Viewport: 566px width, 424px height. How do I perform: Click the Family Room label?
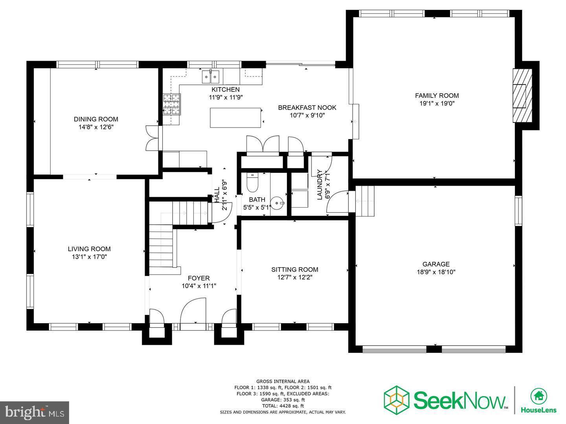(x=437, y=95)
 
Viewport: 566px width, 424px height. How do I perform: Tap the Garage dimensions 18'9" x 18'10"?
(x=436, y=272)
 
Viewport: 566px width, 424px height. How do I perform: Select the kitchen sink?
(x=211, y=77)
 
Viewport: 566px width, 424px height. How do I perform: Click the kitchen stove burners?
(x=171, y=104)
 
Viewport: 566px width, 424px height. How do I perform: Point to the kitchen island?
(x=235, y=118)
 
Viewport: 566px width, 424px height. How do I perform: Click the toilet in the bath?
(x=251, y=182)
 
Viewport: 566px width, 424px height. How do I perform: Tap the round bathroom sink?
(x=279, y=203)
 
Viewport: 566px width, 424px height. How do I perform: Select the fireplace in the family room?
(x=522, y=96)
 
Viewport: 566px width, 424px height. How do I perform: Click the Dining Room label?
(x=96, y=119)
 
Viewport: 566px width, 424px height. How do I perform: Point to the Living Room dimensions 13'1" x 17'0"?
(x=89, y=257)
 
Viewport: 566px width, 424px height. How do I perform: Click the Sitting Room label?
(x=294, y=269)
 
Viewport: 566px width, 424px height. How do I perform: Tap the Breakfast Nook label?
(x=307, y=108)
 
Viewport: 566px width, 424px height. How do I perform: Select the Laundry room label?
(x=320, y=185)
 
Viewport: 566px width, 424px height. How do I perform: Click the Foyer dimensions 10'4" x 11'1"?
(x=198, y=286)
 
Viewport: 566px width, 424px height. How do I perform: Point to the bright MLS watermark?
(x=35, y=412)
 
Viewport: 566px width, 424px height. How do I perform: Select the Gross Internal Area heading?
(x=283, y=381)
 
